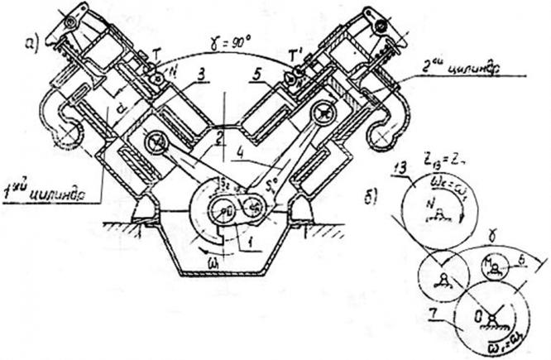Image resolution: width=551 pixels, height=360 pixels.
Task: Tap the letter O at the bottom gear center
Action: coord(477,314)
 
